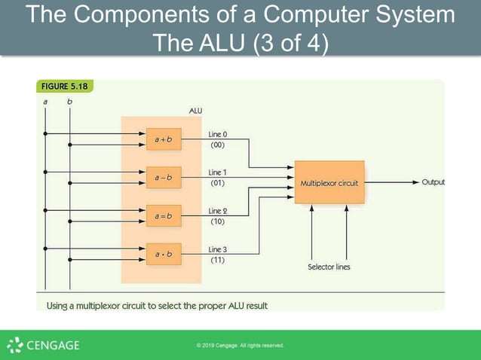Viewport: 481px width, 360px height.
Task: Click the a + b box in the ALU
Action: pos(164,139)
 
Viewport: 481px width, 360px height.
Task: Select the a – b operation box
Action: pos(164,178)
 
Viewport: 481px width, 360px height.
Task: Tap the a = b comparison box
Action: pos(164,216)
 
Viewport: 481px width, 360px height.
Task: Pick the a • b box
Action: pos(164,255)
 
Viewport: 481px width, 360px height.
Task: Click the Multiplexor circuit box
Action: pos(329,182)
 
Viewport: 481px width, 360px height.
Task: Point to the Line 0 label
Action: pos(218,134)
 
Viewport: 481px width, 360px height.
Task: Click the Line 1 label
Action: pos(218,172)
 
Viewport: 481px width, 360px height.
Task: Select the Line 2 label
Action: pos(218,211)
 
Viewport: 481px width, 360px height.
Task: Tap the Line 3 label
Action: pos(218,249)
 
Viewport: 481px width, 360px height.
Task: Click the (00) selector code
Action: pos(217,144)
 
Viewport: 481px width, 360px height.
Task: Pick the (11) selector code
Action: pos(217,259)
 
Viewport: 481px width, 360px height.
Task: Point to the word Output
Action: pos(433,182)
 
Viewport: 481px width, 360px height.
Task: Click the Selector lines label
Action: pos(329,267)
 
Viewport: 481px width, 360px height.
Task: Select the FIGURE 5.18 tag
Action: pos(64,87)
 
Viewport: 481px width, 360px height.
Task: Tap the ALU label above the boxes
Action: pos(195,111)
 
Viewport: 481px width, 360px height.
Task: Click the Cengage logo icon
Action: pos(15,346)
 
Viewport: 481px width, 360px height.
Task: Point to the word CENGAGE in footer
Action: pos(53,346)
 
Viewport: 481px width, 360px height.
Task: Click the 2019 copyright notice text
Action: pos(240,346)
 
